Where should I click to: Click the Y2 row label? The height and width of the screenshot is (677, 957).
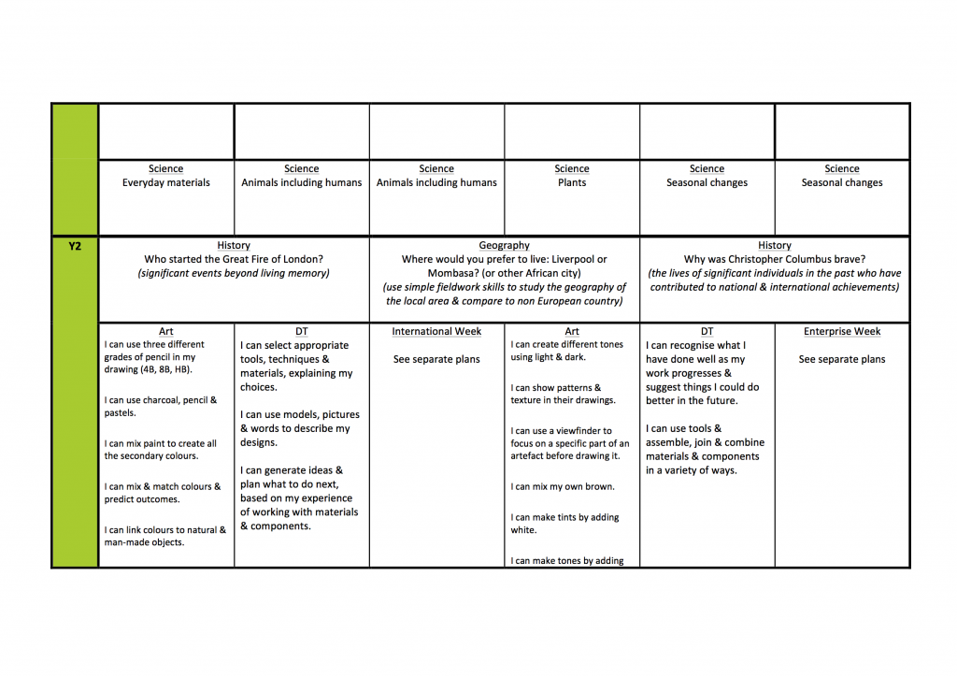(x=75, y=246)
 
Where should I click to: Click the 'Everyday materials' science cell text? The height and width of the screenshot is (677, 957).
(x=166, y=183)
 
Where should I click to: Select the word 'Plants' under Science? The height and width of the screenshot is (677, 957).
(x=572, y=183)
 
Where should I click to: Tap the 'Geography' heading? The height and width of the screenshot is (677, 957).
(x=504, y=246)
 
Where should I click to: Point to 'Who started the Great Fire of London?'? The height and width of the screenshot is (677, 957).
(x=234, y=260)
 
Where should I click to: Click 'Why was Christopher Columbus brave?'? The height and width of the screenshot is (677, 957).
(x=775, y=260)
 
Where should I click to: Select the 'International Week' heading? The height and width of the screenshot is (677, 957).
(x=436, y=332)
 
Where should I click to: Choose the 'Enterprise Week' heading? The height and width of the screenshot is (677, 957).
(x=842, y=332)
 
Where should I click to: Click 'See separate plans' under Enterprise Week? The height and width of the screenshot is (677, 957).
(x=842, y=359)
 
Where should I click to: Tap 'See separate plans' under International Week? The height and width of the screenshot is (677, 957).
(x=436, y=359)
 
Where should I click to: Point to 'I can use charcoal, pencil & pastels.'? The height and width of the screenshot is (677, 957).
(x=160, y=407)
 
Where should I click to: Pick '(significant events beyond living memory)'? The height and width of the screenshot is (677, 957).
(x=234, y=274)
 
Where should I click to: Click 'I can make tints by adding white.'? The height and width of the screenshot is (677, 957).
(x=564, y=524)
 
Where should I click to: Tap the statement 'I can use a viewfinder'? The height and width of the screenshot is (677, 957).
(x=562, y=431)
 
